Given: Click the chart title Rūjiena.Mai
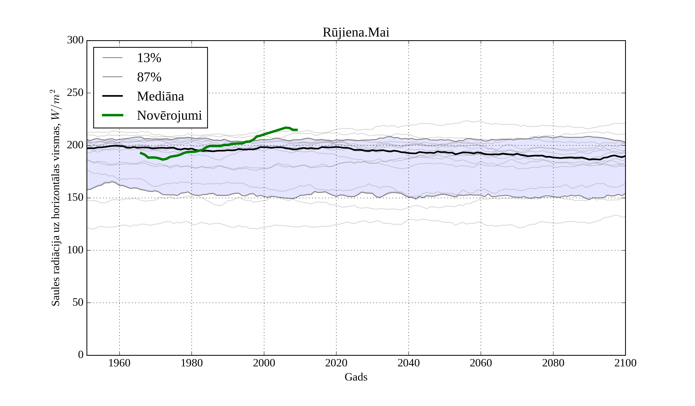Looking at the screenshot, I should coord(356,33).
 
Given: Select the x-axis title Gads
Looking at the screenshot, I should coord(356,377).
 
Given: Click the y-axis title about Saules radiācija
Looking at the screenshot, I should coord(56,198).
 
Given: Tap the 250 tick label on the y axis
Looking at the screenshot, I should coord(75,93).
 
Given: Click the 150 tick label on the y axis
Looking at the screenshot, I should coord(75,198).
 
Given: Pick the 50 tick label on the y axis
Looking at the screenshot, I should coord(78,303).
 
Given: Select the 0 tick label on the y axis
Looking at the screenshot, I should coord(81,355).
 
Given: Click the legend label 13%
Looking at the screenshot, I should coord(149,58).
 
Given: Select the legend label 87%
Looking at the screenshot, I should coord(149,77).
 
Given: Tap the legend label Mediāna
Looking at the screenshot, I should coord(160,96).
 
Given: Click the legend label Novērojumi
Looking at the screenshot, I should coord(169,115).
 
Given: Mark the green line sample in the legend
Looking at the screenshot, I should coord(113,115).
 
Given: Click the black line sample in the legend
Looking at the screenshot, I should coord(113,96).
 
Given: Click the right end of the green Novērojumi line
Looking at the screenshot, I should coord(297,130).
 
